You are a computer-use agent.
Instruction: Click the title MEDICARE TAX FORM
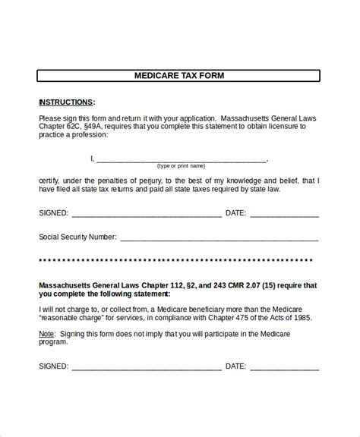pos(179,76)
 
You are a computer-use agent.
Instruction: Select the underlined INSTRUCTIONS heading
pos(67,102)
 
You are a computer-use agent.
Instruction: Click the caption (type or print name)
pos(181,165)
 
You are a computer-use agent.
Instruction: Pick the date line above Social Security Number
pos(284,213)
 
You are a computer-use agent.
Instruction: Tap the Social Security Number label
pos(77,237)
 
